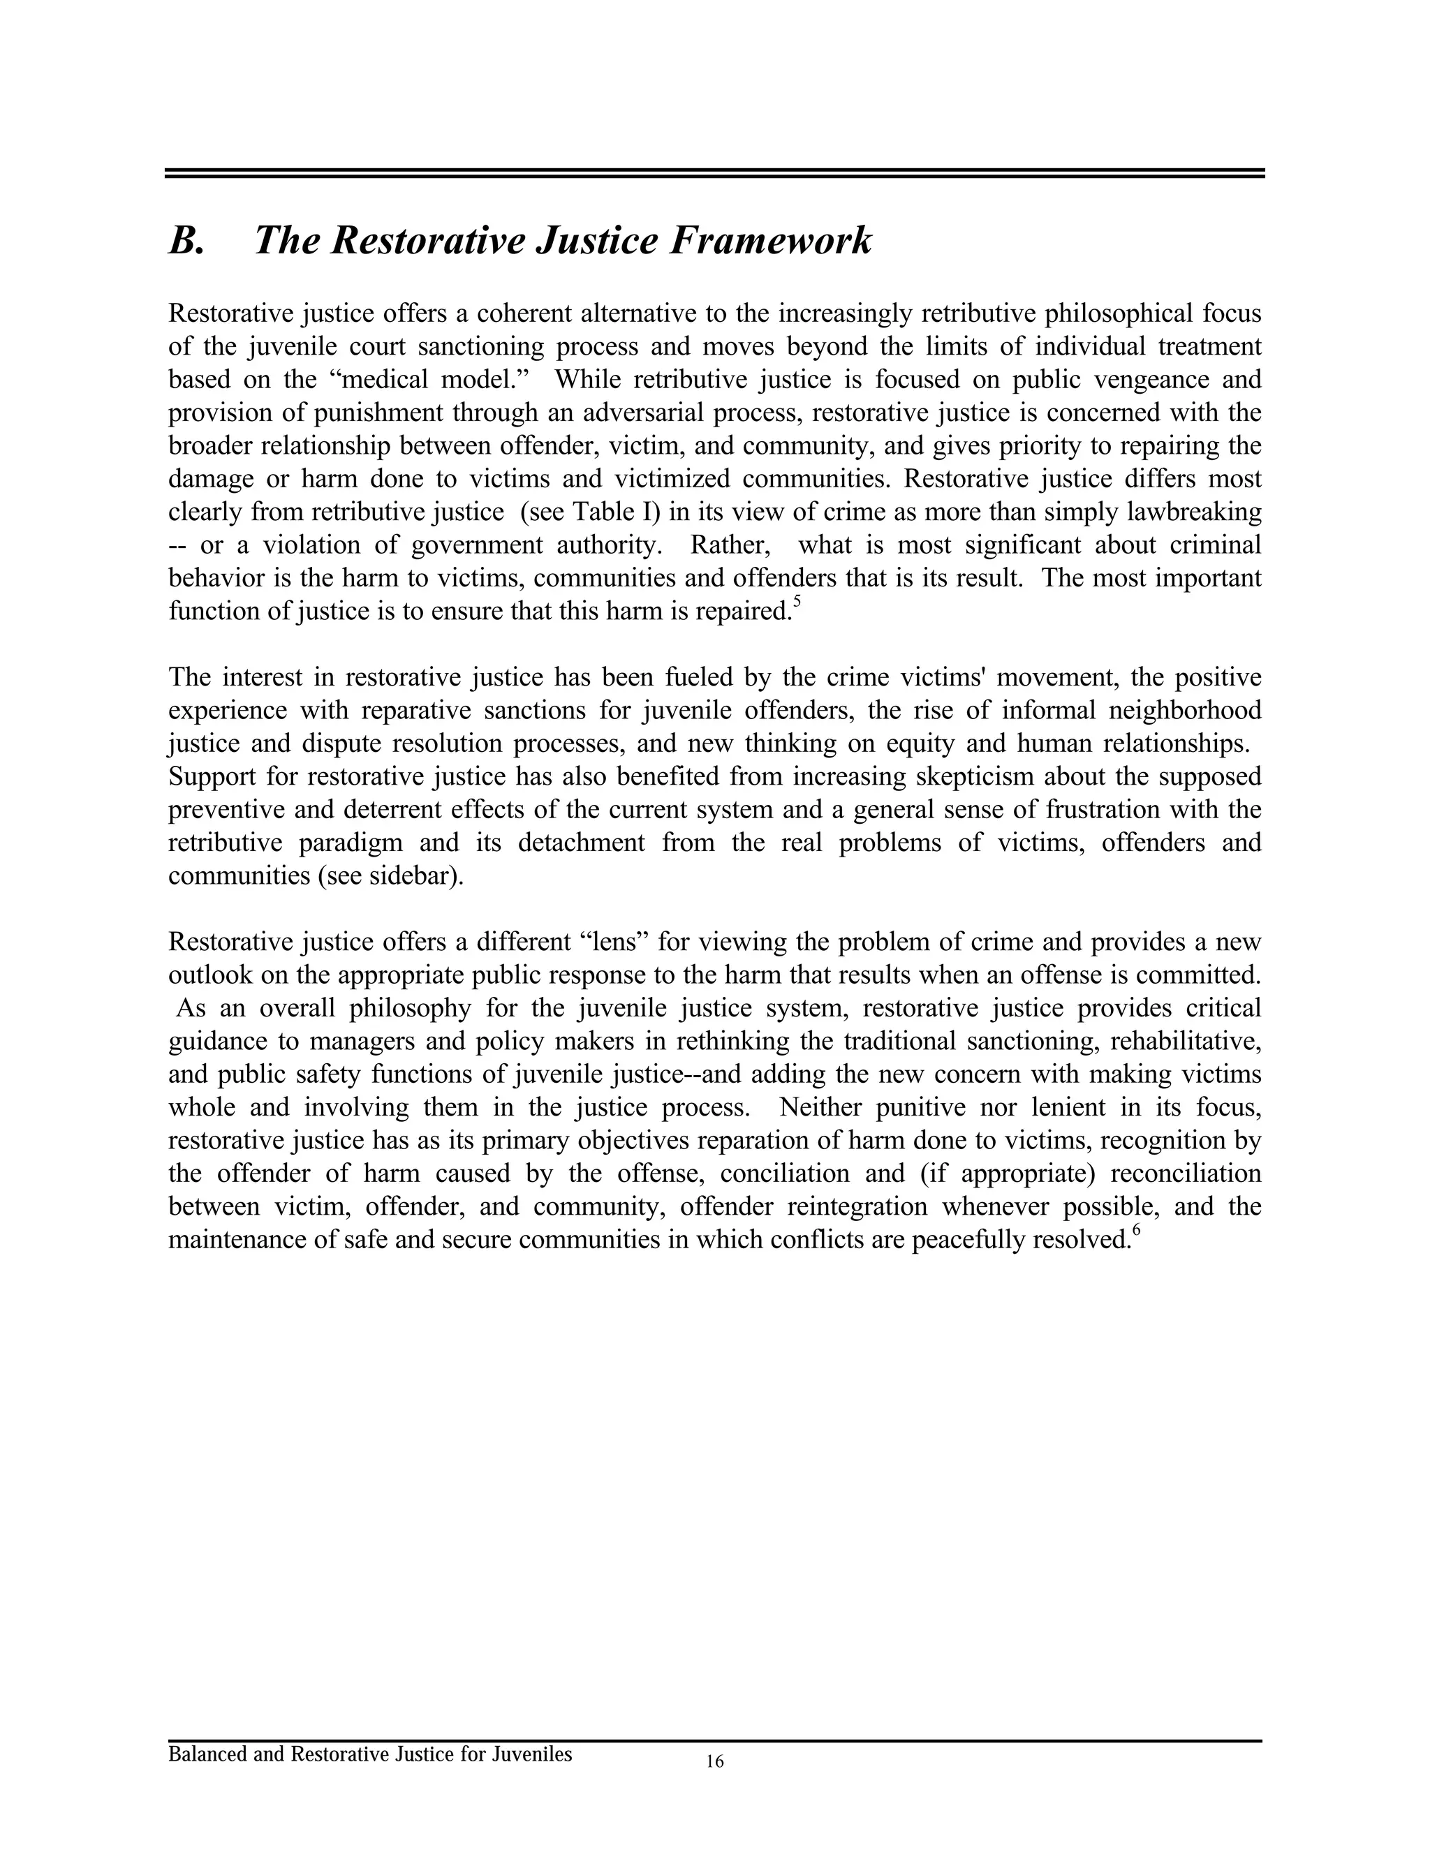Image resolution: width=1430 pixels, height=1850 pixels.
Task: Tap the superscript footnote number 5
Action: point(795,602)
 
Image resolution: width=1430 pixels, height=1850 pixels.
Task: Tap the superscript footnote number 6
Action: point(1136,1231)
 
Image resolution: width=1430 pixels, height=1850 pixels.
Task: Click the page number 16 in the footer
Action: point(714,1762)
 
